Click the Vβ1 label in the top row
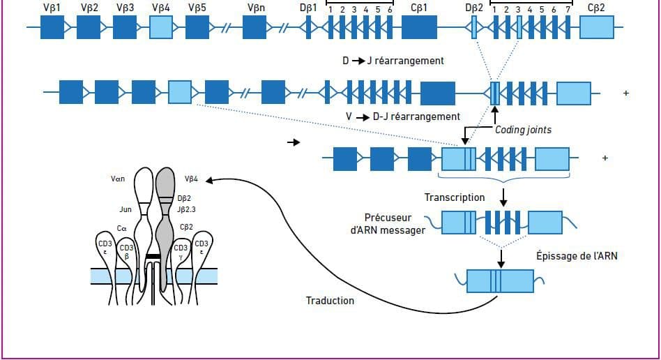(52, 8)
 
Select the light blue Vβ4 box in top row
(161, 27)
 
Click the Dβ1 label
(308, 8)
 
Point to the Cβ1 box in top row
(419, 27)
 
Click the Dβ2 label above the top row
(474, 8)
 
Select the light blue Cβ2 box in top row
(597, 27)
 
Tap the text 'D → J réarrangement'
(393, 61)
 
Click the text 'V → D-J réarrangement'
(403, 117)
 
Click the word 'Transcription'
(455, 197)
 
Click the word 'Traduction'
(330, 301)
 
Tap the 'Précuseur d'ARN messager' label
(394, 224)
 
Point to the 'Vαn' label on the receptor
(118, 179)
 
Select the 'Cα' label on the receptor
(121, 227)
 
